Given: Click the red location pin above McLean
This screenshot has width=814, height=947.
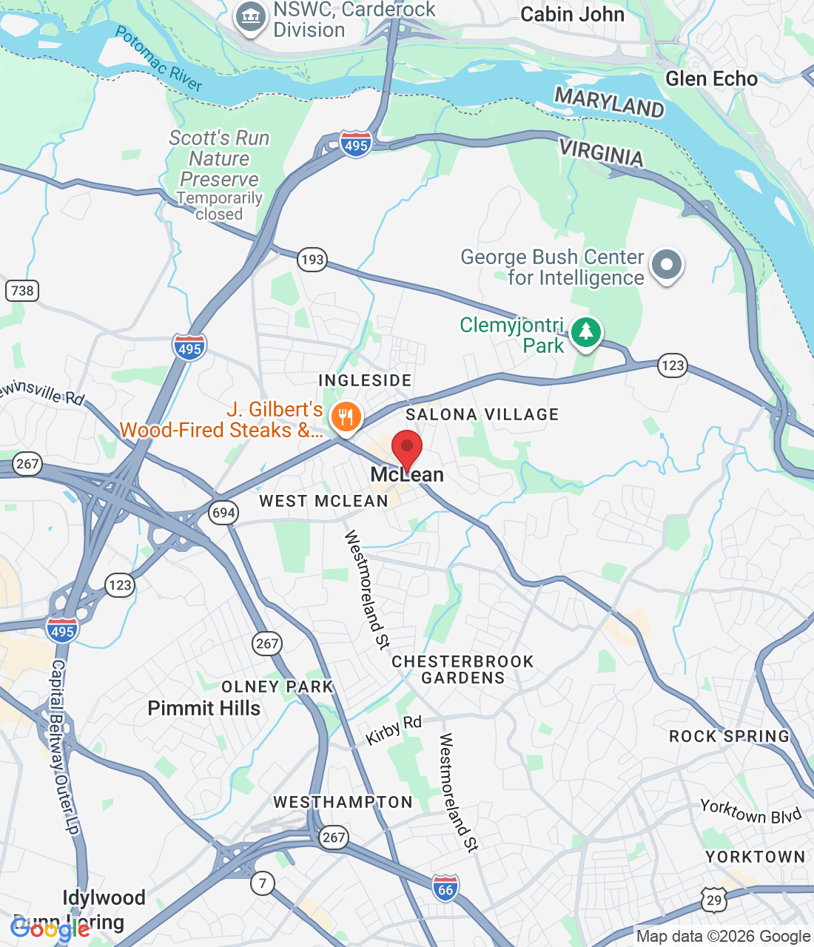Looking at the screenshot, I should pyautogui.click(x=406, y=448).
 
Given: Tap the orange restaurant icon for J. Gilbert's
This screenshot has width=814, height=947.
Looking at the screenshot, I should pyautogui.click(x=345, y=417).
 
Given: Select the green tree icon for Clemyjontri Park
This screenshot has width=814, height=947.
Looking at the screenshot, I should pyautogui.click(x=586, y=332).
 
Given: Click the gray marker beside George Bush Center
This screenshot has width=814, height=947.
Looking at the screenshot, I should pyautogui.click(x=667, y=265).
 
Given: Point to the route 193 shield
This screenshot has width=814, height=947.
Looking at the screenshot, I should pyautogui.click(x=312, y=260).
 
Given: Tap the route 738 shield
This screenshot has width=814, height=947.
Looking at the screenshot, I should pyautogui.click(x=22, y=291).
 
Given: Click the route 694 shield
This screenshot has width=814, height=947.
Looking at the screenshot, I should pyautogui.click(x=223, y=513).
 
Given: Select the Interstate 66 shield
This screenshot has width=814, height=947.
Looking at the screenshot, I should pyautogui.click(x=445, y=889).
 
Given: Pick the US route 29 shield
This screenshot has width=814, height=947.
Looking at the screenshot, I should pyautogui.click(x=714, y=900).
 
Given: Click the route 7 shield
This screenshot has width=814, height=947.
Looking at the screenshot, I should pyautogui.click(x=263, y=883).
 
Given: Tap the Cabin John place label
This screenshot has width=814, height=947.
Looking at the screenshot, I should pyautogui.click(x=572, y=15).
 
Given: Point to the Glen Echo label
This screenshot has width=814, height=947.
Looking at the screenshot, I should pyautogui.click(x=711, y=79).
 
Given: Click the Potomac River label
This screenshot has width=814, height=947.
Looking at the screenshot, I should pyautogui.click(x=158, y=58).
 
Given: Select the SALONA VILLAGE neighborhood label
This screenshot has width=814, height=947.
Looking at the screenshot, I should pyautogui.click(x=482, y=414).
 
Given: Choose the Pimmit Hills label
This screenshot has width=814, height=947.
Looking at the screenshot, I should pyautogui.click(x=204, y=708).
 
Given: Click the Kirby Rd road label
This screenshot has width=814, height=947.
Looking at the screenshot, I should pyautogui.click(x=394, y=730).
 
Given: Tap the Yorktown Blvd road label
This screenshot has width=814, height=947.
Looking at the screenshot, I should pyautogui.click(x=750, y=812).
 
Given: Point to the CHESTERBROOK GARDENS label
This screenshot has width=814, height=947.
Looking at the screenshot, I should pyautogui.click(x=462, y=670).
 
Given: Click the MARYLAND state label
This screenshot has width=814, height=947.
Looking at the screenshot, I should pyautogui.click(x=609, y=102).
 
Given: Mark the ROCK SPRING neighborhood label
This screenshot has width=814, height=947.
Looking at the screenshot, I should pyautogui.click(x=729, y=736).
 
